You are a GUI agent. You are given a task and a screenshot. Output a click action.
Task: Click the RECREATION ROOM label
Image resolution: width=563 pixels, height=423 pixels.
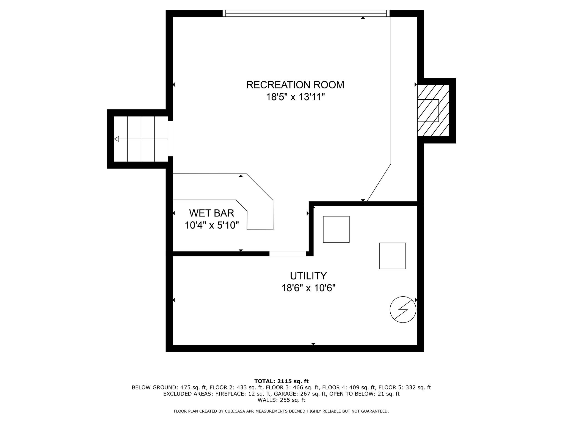pyautogui.click(x=295, y=85)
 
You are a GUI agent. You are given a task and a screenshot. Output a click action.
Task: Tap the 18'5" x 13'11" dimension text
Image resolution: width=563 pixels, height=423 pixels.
pyautogui.click(x=295, y=97)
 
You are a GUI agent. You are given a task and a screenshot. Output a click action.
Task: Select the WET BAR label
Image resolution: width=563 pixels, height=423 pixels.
pyautogui.click(x=211, y=213)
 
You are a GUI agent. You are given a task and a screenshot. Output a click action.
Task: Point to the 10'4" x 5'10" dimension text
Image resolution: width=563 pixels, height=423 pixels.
pyautogui.click(x=211, y=226)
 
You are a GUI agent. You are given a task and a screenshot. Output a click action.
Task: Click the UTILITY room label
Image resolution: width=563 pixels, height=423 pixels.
pyautogui.click(x=308, y=276)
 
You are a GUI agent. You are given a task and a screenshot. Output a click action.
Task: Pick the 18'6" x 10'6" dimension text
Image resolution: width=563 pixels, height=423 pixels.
pyautogui.click(x=308, y=288)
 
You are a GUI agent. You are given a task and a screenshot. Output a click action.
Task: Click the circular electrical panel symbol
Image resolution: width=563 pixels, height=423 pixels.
pyautogui.click(x=403, y=310)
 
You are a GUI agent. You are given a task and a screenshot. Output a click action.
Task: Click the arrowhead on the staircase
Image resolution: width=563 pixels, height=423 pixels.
pyautogui.click(x=117, y=139)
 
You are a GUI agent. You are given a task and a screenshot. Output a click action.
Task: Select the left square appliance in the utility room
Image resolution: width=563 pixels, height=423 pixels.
pyautogui.click(x=336, y=229)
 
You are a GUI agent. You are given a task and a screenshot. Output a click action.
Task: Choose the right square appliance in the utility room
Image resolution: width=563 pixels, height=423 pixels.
pyautogui.click(x=392, y=256)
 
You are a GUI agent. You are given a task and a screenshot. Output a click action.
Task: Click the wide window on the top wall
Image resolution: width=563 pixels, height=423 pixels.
pyautogui.click(x=306, y=13)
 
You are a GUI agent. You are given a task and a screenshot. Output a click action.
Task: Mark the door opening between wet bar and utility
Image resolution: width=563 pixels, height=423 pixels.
pyautogui.click(x=287, y=254)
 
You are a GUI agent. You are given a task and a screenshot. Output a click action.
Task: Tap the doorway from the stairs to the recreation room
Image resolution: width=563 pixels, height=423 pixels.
pyautogui.click(x=170, y=139)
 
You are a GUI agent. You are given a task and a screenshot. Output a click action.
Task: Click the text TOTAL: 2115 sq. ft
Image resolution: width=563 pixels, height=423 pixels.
pyautogui.click(x=281, y=381)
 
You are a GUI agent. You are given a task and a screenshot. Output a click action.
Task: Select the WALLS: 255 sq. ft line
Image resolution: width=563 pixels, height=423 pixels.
pyautogui.click(x=281, y=400)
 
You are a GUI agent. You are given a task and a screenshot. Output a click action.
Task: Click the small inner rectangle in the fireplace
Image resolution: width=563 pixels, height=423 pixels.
pyautogui.click(x=428, y=110)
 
